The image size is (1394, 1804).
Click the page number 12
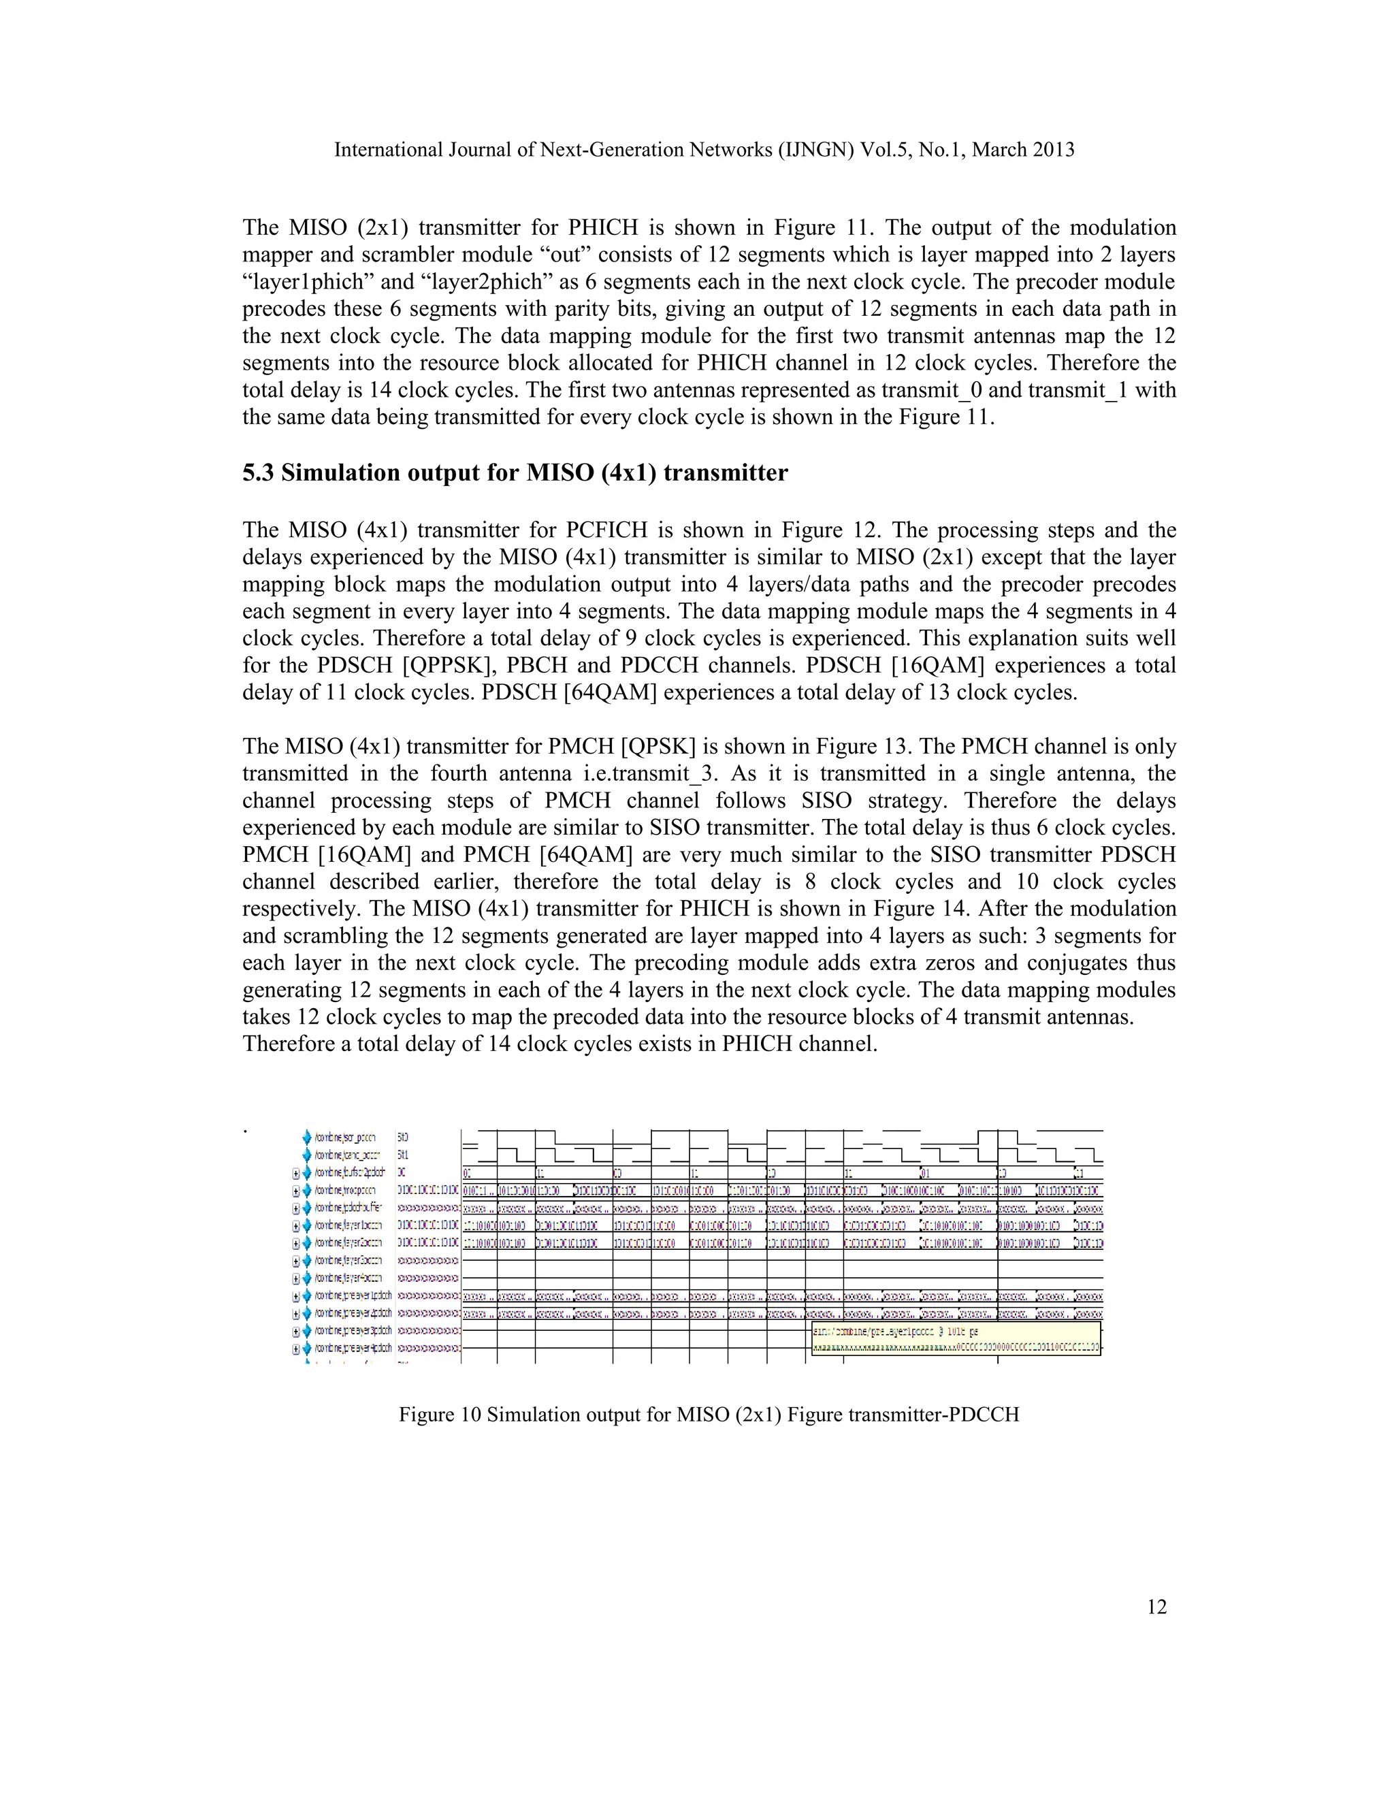click(1156, 1607)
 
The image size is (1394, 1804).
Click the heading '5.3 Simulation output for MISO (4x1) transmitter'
click(515, 473)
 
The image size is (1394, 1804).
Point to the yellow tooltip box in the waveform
click(956, 1338)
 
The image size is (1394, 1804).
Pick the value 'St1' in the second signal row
click(403, 1155)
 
